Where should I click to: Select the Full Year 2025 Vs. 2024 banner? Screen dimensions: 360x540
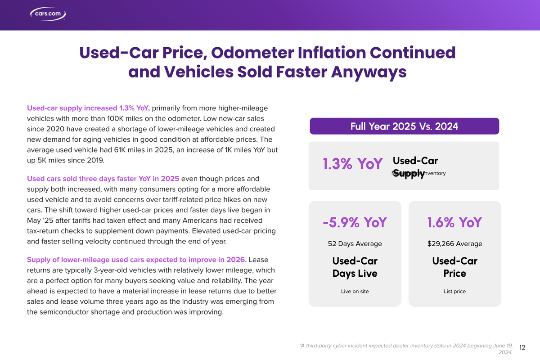pos(404,126)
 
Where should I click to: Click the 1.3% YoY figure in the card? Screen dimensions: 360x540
pos(352,164)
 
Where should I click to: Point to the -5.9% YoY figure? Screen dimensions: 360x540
pos(355,222)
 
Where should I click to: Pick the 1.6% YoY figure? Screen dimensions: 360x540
pos(454,222)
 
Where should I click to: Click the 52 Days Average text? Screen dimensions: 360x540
pos(355,244)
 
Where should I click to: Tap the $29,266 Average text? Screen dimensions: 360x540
pos(454,244)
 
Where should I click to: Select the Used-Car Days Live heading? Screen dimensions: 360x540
pos(355,267)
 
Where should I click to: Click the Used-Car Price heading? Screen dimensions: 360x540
pos(454,267)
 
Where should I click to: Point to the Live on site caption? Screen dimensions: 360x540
pos(355,292)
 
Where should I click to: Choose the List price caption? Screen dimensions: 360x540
pos(454,292)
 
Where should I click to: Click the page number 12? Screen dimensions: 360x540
pos(522,347)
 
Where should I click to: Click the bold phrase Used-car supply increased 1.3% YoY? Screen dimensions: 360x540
pos(88,108)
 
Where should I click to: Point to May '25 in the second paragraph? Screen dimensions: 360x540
pos(40,220)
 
